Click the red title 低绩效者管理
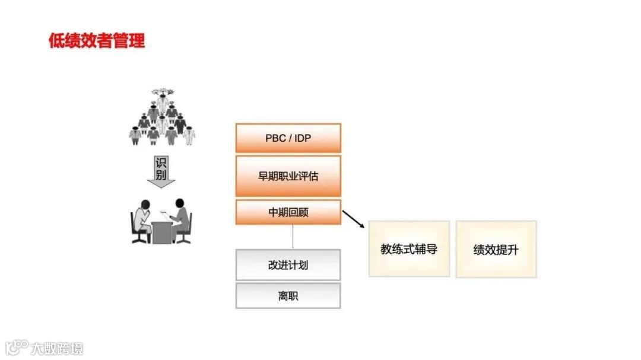[x=97, y=41]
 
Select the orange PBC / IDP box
[x=288, y=138]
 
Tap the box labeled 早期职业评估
[x=288, y=176]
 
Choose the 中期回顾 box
[x=288, y=212]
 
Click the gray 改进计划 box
[x=288, y=265]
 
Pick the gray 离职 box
[x=288, y=295]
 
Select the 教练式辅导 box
[x=409, y=249]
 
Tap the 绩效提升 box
[x=496, y=249]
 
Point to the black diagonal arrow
[x=354, y=219]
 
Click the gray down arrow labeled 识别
[x=161, y=171]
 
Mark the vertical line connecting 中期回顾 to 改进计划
[x=292, y=237]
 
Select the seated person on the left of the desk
[x=142, y=221]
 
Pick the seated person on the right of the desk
[x=181, y=219]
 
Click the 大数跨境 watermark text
[x=58, y=348]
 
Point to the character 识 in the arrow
[x=161, y=163]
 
